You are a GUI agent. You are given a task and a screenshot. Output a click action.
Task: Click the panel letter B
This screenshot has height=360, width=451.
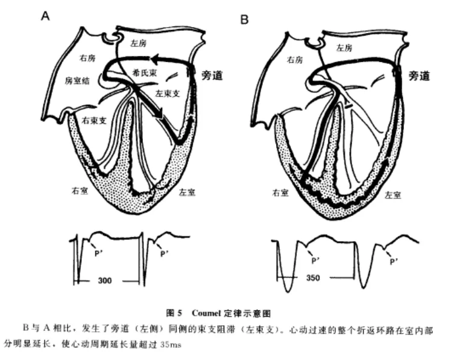coord(245,19)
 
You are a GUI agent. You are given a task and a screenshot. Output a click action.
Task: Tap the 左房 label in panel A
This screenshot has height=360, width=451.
coord(139,43)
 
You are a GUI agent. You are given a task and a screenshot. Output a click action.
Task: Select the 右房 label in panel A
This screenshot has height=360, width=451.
coord(88,58)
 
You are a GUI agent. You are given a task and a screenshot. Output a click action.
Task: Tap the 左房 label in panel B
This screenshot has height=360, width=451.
coord(344,48)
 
